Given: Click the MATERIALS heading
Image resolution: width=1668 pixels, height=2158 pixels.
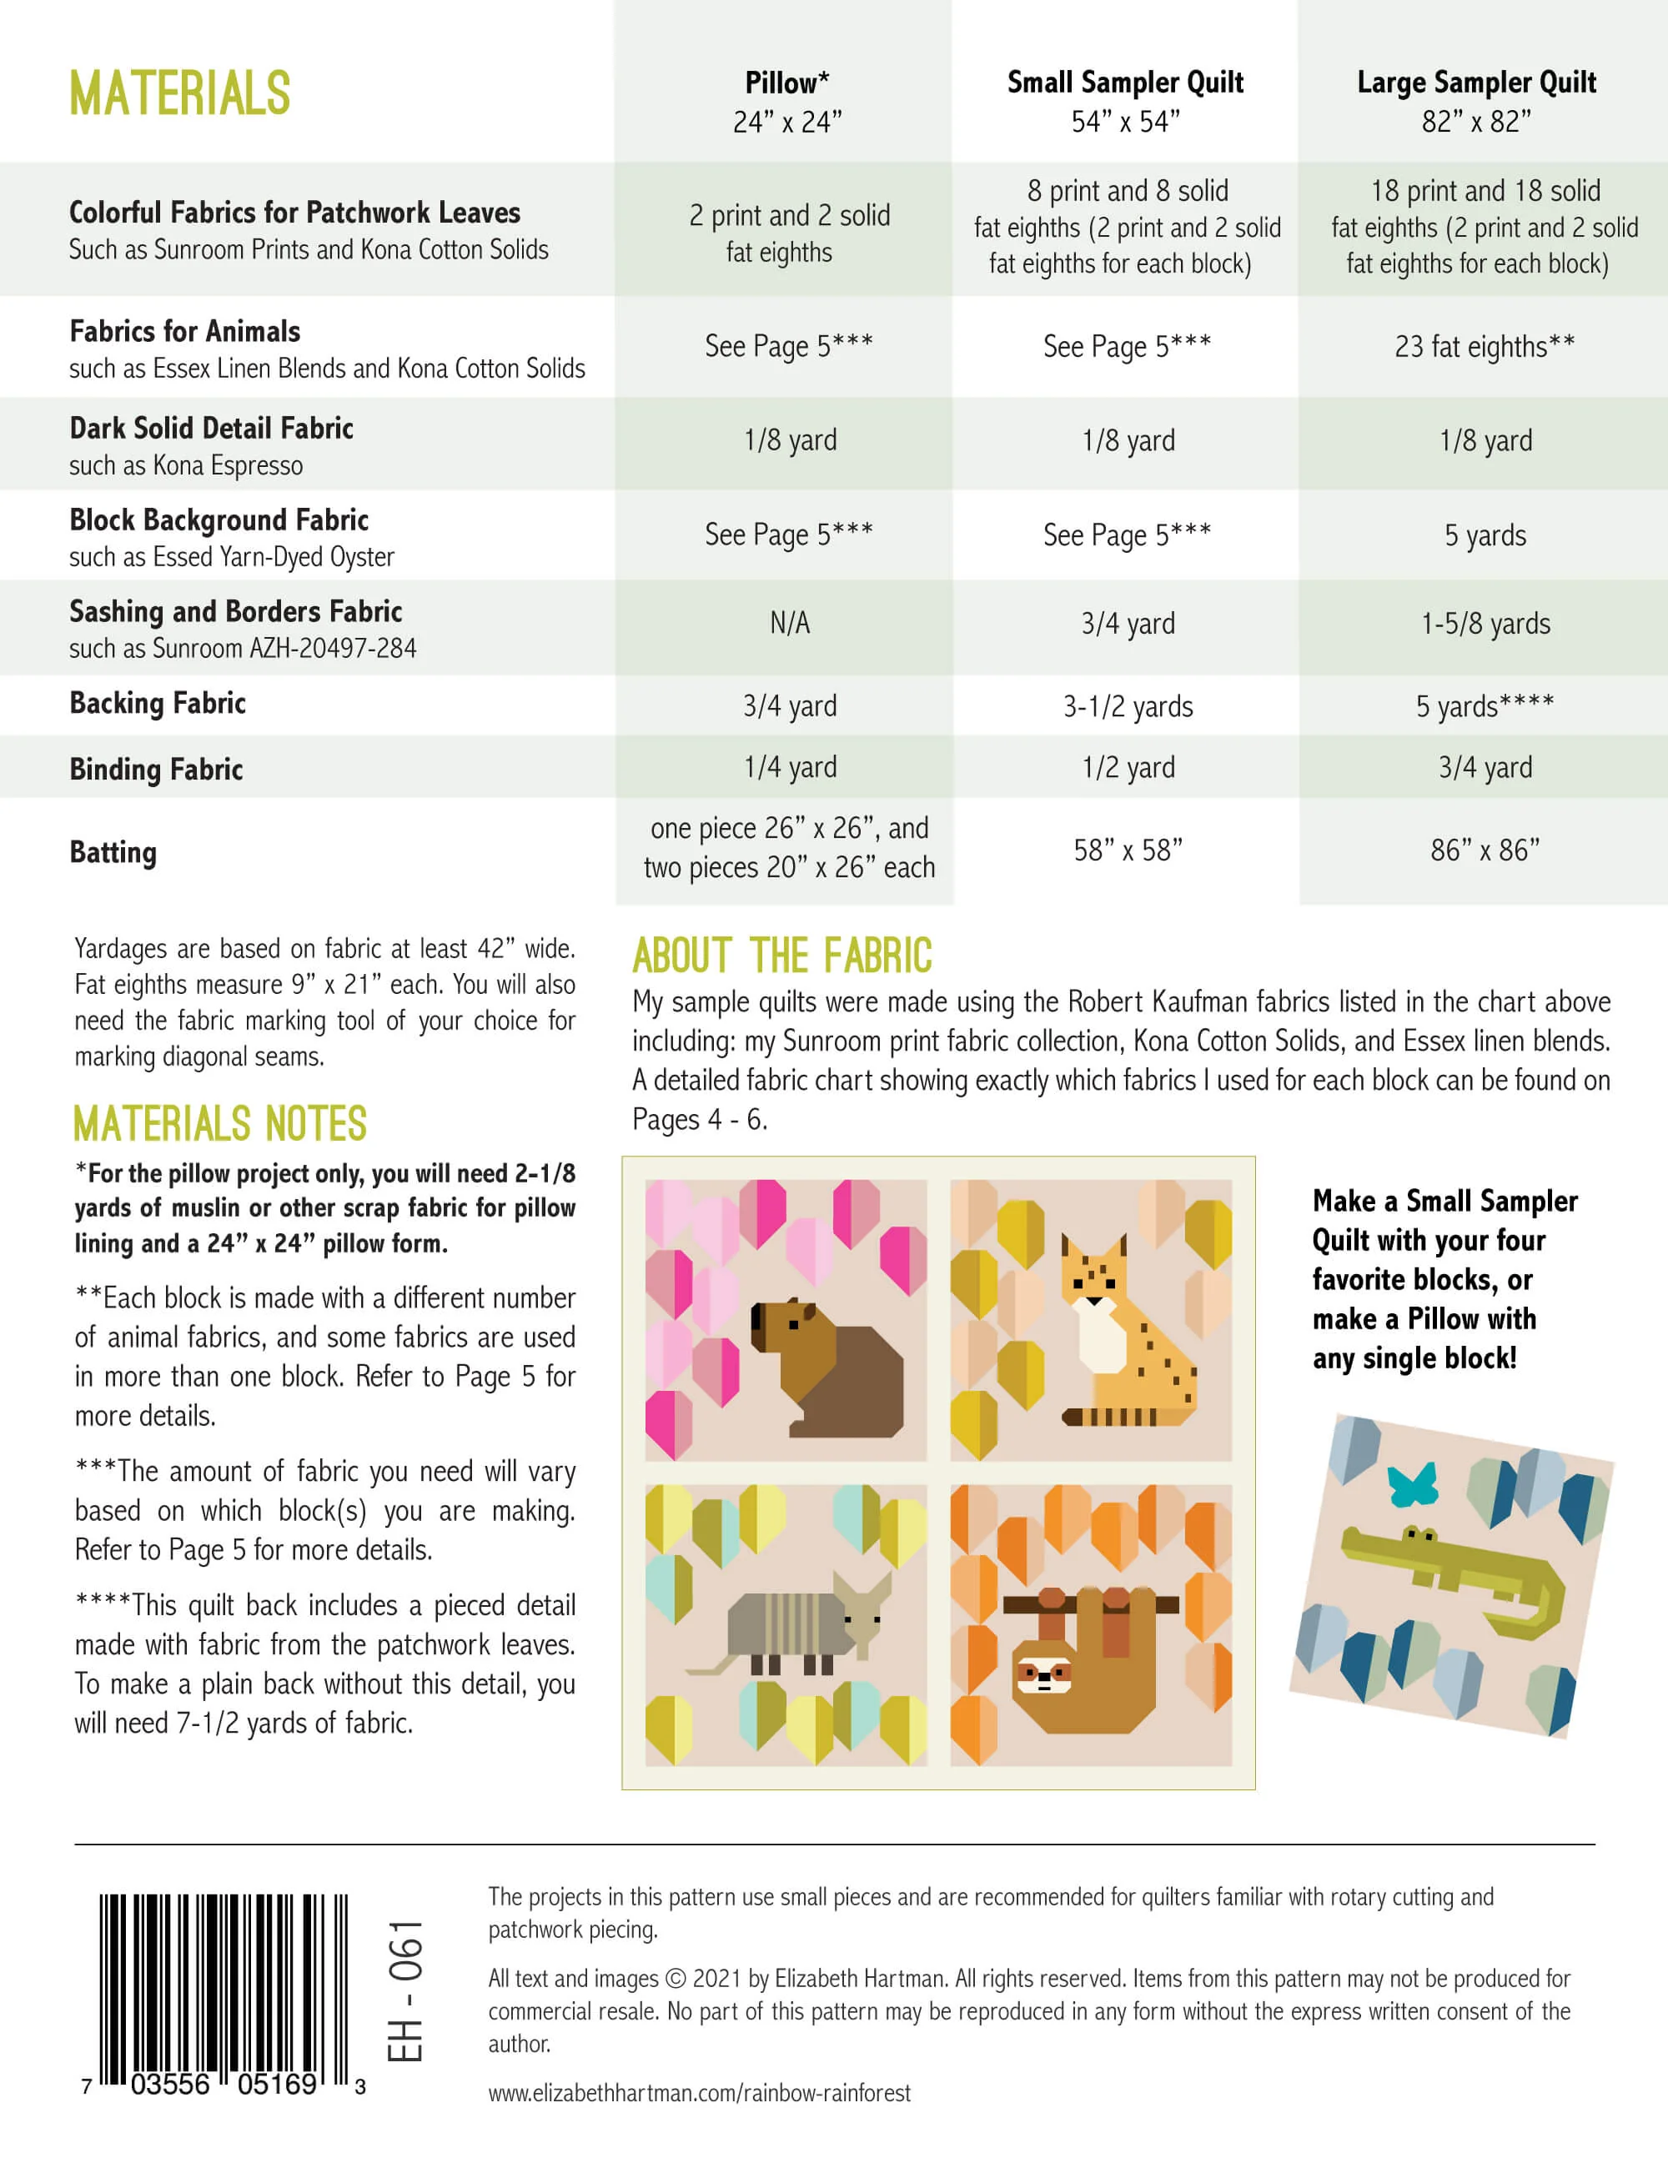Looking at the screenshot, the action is click(180, 94).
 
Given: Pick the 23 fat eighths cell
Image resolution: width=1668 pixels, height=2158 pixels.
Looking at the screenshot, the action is click(1485, 347).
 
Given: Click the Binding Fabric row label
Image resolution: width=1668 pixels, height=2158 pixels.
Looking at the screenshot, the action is click(156, 769).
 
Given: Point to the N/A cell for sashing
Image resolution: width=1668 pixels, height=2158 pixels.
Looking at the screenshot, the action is click(790, 624).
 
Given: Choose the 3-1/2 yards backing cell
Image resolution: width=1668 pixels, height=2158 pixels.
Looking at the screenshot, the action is click(1128, 706).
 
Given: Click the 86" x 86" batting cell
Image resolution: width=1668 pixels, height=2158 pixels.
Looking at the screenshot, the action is click(1485, 850).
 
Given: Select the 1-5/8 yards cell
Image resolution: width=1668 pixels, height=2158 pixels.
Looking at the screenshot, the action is click(1485, 624).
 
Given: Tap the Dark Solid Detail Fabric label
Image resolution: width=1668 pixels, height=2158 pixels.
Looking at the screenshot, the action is click(212, 429).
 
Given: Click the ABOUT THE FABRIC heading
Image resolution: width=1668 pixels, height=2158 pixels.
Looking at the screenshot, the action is click(781, 956).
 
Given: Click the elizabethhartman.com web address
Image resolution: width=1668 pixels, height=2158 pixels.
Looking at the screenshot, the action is click(700, 2092).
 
